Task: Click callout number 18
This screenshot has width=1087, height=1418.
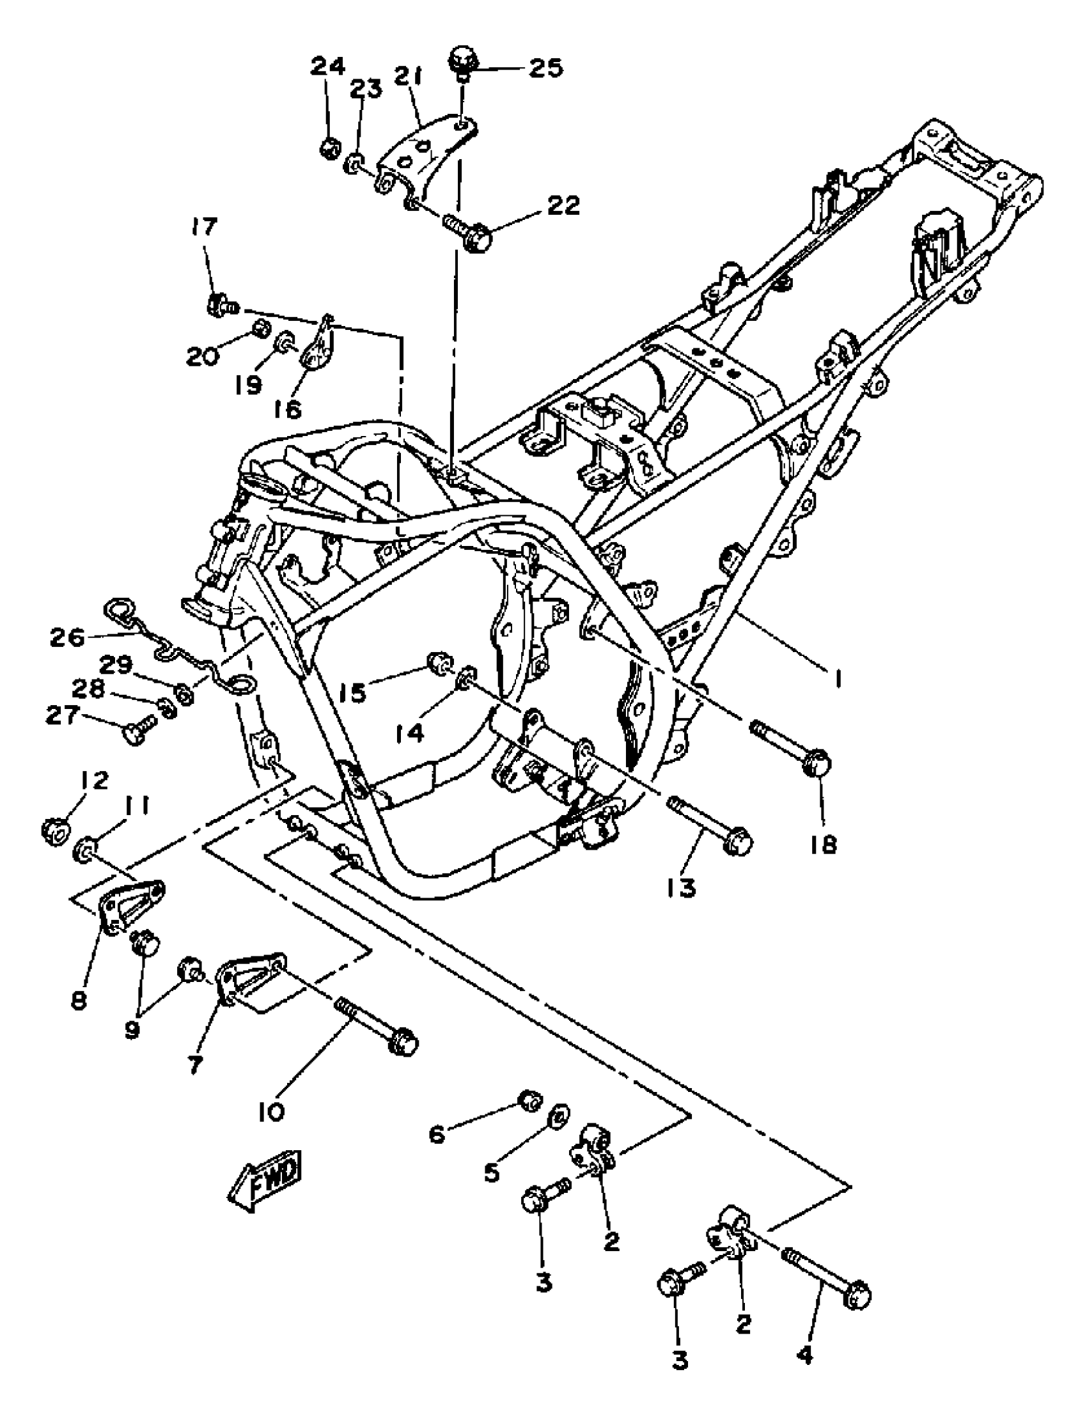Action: (823, 843)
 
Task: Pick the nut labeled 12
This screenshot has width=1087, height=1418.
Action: (54, 831)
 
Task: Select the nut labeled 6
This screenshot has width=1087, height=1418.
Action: (531, 1099)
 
